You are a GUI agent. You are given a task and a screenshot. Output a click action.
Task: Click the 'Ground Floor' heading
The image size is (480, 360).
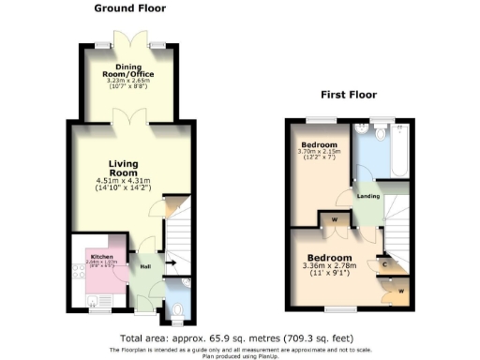(130, 8)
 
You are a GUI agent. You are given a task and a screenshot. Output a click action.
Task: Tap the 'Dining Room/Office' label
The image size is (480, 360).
(135, 71)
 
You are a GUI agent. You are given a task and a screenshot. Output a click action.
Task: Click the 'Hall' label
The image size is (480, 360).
(146, 265)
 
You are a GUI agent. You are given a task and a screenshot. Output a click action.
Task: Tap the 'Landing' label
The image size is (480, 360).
(367, 195)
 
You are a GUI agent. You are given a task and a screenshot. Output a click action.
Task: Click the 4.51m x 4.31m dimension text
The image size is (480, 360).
(123, 182)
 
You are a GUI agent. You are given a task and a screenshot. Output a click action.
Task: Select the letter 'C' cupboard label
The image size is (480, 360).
(386, 263)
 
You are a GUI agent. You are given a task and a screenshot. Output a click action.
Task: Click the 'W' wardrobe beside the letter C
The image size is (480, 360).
(400, 291)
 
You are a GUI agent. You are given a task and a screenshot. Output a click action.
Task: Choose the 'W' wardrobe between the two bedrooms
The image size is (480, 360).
(335, 221)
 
